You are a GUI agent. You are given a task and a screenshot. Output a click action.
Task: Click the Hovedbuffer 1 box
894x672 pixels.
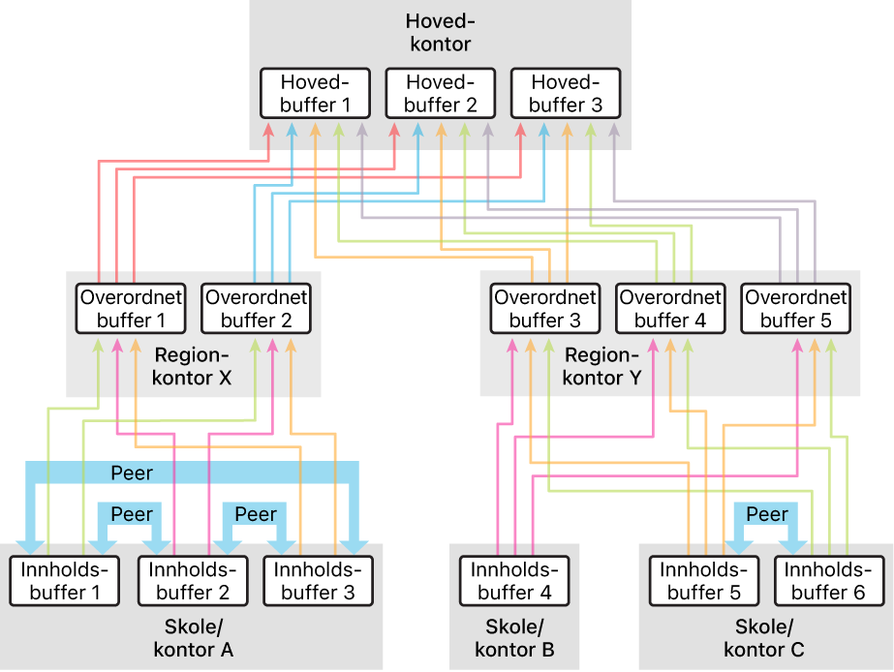coord(316,94)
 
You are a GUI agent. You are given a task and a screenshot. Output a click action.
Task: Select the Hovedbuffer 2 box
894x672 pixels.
coord(441,94)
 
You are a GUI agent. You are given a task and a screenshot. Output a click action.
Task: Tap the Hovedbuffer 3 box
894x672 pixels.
coord(566,94)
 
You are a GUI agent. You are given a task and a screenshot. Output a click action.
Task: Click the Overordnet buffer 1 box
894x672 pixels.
coord(131,308)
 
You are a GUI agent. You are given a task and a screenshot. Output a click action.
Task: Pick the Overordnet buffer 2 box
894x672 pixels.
coord(256,308)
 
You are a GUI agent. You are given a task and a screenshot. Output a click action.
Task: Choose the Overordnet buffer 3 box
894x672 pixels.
coord(545,308)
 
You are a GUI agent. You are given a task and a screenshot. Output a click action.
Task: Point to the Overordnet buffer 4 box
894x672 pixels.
coord(670,308)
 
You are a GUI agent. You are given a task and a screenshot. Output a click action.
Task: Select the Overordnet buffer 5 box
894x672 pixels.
coord(796,308)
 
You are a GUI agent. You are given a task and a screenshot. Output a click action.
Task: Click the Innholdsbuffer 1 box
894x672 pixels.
coord(65,581)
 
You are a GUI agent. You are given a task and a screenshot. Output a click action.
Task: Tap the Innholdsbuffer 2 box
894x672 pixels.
coord(194,581)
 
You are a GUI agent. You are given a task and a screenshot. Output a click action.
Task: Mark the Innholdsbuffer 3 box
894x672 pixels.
coord(318,581)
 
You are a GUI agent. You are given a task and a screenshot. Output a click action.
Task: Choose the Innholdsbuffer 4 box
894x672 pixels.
coord(515,581)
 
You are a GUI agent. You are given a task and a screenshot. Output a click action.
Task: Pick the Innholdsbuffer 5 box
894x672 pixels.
coord(704,581)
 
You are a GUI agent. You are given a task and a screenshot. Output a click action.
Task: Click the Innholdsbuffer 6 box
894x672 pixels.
coord(829,581)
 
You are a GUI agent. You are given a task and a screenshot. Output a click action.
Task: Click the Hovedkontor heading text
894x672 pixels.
coord(440,33)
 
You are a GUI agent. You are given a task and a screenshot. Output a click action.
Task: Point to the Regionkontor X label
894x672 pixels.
coord(192,366)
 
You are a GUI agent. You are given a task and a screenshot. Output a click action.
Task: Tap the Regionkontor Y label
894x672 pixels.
coord(602,366)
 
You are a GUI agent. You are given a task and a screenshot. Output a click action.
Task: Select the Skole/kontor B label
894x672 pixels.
coord(515,638)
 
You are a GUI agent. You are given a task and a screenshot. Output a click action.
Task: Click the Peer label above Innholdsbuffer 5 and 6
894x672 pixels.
coord(767,514)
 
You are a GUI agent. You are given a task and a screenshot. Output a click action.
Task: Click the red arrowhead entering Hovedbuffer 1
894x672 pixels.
coord(268,131)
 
